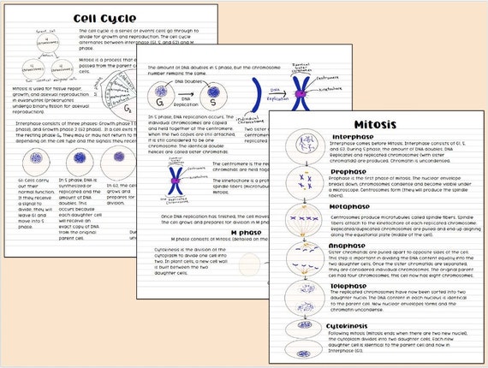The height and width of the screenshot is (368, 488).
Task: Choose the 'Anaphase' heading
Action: coord(351,245)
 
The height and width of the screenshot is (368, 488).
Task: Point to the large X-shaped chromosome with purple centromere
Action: coord(300,94)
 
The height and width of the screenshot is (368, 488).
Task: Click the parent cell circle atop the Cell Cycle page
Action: coord(36,45)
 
